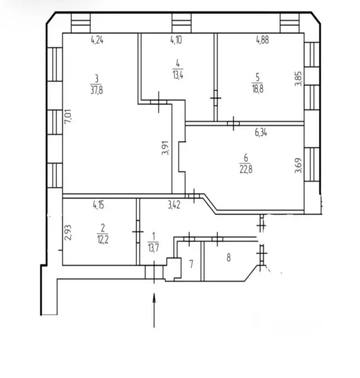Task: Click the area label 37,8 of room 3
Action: (x=97, y=91)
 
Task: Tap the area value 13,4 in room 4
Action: (x=178, y=75)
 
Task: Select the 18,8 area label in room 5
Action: (x=258, y=89)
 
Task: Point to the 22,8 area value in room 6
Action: (x=246, y=169)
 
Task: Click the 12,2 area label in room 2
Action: (x=103, y=240)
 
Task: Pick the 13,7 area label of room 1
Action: (x=153, y=248)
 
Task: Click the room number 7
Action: (x=192, y=264)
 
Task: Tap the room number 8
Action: (x=229, y=258)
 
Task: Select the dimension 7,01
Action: (x=68, y=117)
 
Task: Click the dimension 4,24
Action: (x=97, y=40)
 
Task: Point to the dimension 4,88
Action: (x=262, y=39)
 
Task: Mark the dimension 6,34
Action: (x=261, y=132)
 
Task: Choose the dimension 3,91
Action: (x=165, y=148)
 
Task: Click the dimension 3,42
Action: (x=174, y=205)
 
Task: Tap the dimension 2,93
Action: (x=68, y=232)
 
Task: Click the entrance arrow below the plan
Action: (x=154, y=310)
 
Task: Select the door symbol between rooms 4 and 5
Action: (x=216, y=98)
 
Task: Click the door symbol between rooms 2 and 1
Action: (x=138, y=232)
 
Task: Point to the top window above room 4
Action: (x=181, y=23)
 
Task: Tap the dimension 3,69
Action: (x=298, y=165)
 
